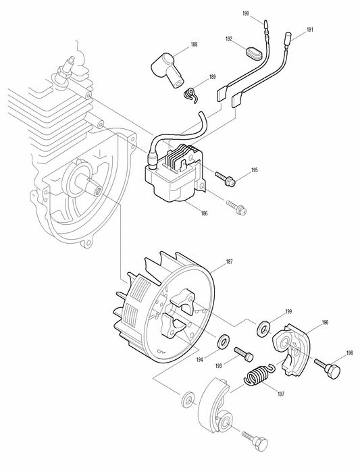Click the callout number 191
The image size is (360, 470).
(309, 30)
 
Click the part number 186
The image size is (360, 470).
(204, 213)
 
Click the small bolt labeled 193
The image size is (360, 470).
(243, 353)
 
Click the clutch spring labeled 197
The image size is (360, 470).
(257, 375)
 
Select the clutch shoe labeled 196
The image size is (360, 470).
(292, 345)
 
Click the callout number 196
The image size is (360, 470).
(325, 324)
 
